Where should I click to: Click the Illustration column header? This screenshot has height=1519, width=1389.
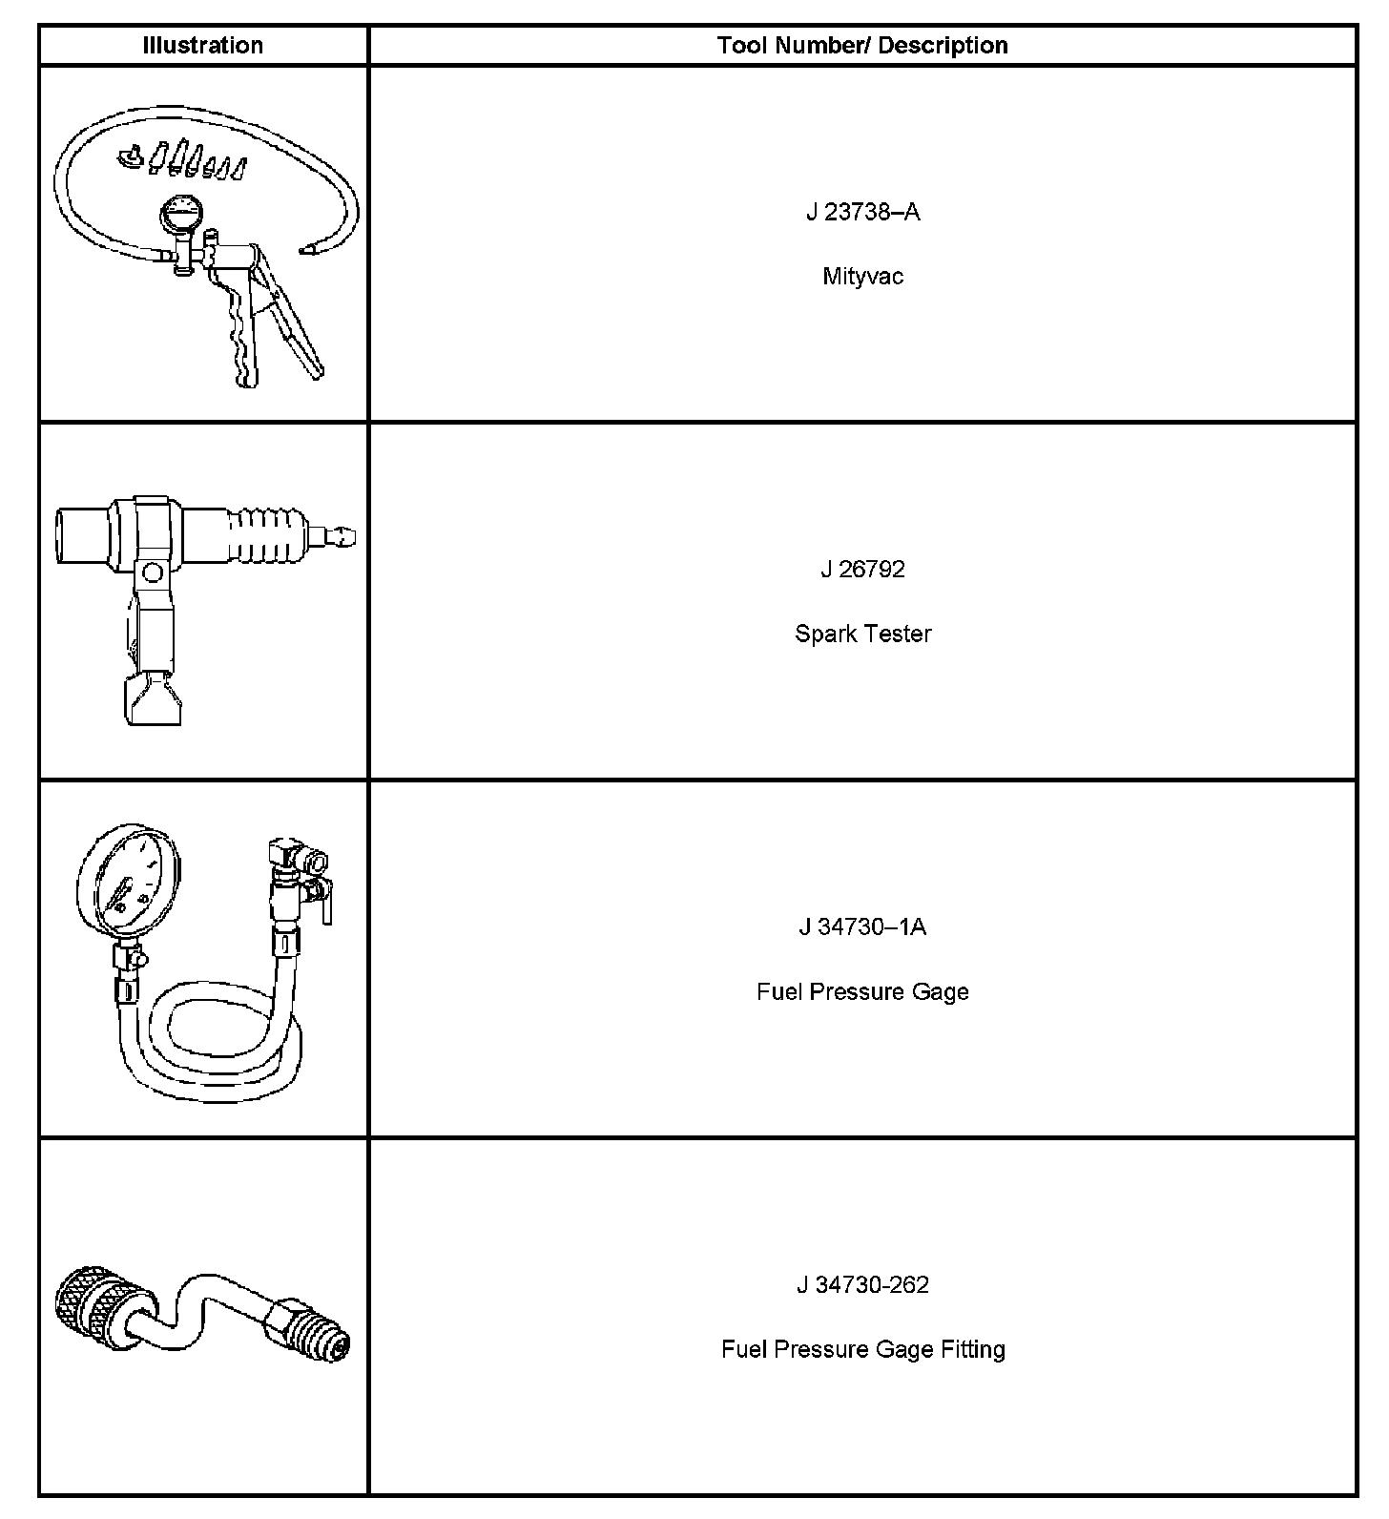202,45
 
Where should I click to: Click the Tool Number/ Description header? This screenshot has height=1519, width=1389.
862,45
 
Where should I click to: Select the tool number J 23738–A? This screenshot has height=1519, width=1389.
862,212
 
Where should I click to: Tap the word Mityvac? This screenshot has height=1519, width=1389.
862,277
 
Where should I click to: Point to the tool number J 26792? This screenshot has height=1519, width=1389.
862,570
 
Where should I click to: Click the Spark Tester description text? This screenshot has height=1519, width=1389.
862,634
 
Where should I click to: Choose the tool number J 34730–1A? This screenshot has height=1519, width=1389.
862,927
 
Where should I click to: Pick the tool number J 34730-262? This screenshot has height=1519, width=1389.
862,1285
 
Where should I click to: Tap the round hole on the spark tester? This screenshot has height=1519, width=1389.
151,572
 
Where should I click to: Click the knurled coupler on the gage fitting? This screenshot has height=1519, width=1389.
91,1300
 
